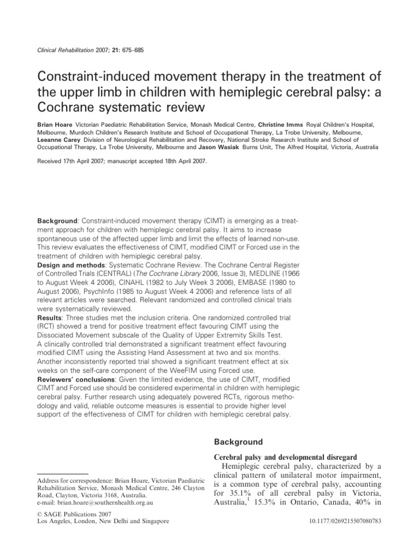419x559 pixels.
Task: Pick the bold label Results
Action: [x=49, y=317]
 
